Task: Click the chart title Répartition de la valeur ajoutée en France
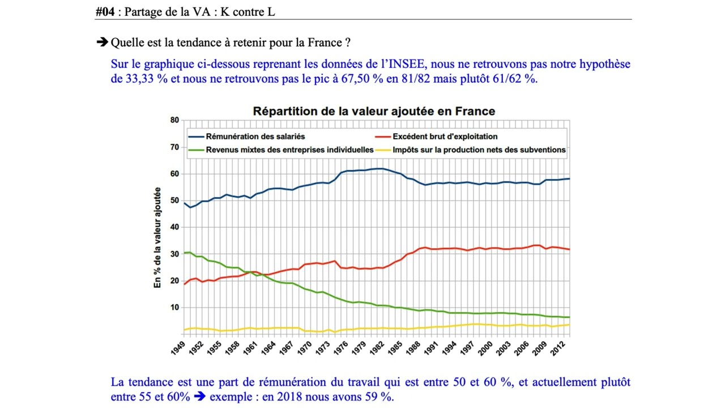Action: click(374, 111)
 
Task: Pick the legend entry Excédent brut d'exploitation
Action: click(445, 137)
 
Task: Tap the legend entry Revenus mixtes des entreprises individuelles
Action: click(289, 150)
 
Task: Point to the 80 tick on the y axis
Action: click(174, 120)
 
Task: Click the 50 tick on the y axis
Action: click(174, 201)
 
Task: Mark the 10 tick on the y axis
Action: click(174, 308)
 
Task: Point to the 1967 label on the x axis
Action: click(289, 347)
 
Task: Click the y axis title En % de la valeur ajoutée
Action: click(158, 237)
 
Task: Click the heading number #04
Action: click(106, 11)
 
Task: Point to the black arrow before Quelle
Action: click(102, 42)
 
